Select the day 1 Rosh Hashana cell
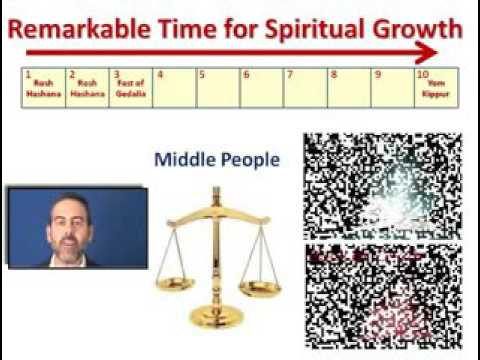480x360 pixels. tap(43, 87)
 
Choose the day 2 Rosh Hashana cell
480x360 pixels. tap(87, 87)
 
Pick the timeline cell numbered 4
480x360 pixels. tap(175, 87)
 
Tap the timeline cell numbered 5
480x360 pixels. tap(218, 87)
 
